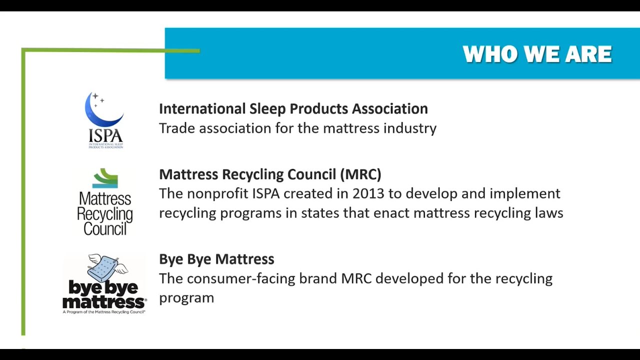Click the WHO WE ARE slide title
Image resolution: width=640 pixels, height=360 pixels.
(x=537, y=54)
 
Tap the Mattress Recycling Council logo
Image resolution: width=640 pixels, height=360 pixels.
(x=105, y=202)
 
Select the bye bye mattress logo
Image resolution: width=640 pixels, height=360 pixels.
(x=104, y=284)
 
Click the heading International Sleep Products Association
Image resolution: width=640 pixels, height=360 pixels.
(x=293, y=108)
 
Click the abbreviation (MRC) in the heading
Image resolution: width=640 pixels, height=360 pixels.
(x=360, y=174)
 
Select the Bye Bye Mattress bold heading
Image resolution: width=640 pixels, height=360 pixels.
(x=216, y=259)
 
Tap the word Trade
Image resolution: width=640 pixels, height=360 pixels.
(x=177, y=128)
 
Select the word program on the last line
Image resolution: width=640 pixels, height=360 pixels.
(x=186, y=298)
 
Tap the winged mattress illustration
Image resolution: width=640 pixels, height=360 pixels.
(x=107, y=267)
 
